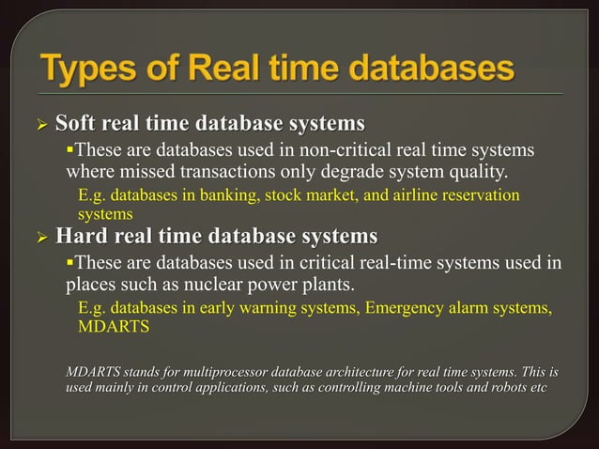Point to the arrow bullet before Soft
pos(42,125)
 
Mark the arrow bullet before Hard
pos(42,235)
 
